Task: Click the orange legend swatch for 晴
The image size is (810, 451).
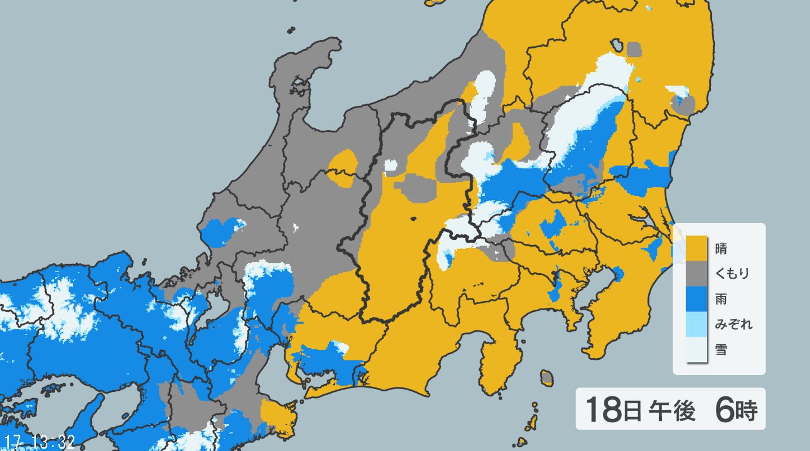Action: (696, 247)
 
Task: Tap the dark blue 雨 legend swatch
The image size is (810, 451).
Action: (696, 299)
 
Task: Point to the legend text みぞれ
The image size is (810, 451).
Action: (733, 324)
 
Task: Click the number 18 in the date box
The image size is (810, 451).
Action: (603, 409)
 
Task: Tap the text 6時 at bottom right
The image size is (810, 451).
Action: (736, 409)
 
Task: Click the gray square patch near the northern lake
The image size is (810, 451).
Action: (634, 49)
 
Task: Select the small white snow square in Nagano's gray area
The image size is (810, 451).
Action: (390, 166)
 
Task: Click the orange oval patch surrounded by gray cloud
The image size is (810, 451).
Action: (342, 168)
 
